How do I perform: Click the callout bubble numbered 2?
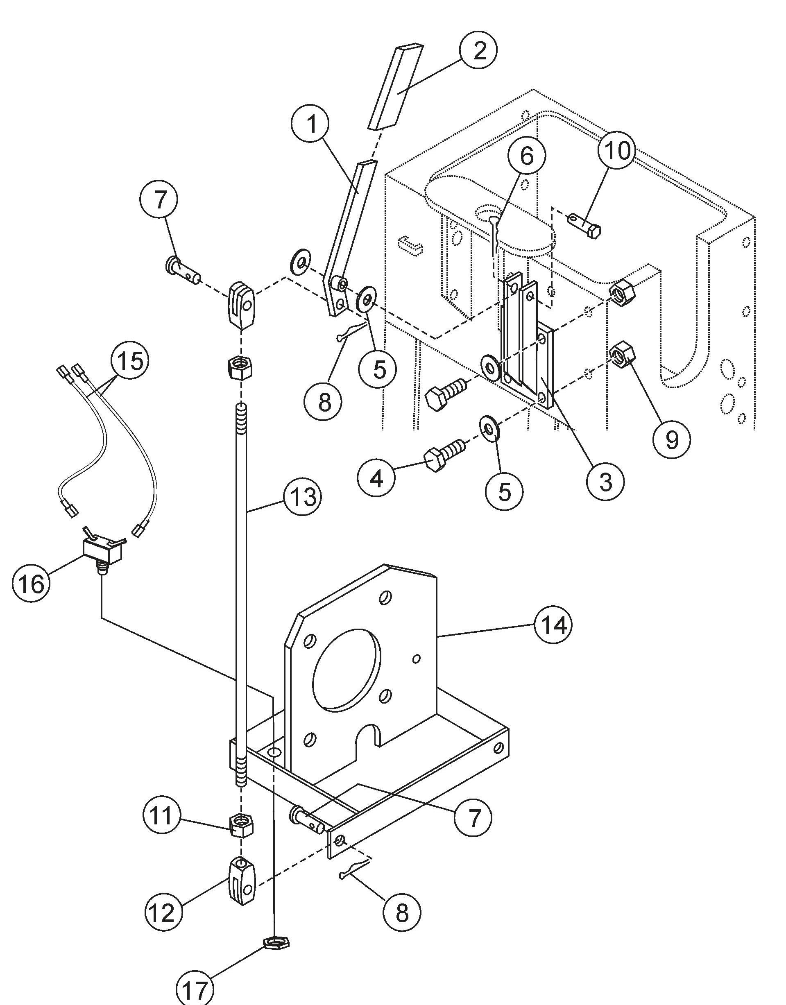pos(479,50)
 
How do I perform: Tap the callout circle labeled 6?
pos(526,156)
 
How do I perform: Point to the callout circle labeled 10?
pos(617,150)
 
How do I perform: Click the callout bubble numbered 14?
pos(554,625)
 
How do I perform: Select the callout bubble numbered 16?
pos(31,583)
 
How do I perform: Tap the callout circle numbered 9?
pos(672,440)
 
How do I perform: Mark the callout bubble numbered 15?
pos(130,361)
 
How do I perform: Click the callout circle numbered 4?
pos(376,479)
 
